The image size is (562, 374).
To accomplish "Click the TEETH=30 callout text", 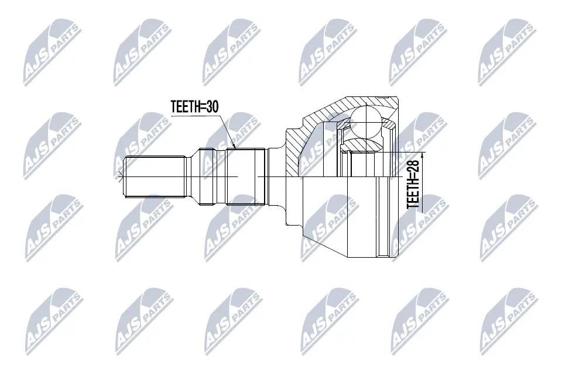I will pyautogui.click(x=194, y=107).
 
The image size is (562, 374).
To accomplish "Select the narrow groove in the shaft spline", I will pyautogui.click(x=223, y=176).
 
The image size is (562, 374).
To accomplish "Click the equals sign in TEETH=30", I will pyautogui.click(x=202, y=107).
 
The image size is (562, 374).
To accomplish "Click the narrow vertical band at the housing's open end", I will pyautogui.click(x=383, y=216).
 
